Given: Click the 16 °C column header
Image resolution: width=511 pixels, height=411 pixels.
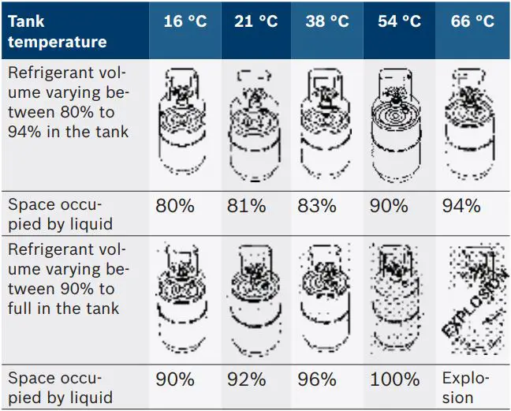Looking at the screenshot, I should click(184, 21).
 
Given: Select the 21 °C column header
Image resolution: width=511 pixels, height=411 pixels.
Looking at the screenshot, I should click(256, 21).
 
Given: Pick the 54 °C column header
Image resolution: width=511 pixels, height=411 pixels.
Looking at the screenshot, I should click(399, 21).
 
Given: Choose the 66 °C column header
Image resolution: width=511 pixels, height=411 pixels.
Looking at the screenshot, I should click(472, 21).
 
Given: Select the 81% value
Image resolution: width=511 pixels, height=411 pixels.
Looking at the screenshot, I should click(246, 207).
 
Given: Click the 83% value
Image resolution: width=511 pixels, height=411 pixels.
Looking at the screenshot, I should click(317, 207).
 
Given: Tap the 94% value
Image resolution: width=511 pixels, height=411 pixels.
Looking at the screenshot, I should click(461, 207).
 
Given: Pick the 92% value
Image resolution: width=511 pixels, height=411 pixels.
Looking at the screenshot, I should click(246, 379).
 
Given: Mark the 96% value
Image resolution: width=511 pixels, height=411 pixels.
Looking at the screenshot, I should click(317, 379).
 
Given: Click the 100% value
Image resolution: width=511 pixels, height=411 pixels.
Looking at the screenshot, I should click(394, 379).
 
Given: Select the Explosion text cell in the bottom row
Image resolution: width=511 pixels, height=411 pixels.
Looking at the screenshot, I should click(466, 387).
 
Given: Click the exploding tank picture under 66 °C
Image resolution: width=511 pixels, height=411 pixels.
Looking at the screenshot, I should click(471, 299).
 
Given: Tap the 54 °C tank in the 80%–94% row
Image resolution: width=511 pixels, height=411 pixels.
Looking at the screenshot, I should click(400, 122).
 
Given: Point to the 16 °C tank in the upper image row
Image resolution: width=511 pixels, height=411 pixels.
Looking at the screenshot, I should click(184, 122).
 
